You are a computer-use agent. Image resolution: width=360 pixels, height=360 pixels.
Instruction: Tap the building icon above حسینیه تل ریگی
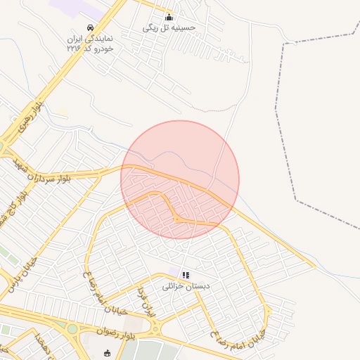tap(168, 18)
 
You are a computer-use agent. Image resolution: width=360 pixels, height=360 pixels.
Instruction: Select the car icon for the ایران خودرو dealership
tap(90, 28)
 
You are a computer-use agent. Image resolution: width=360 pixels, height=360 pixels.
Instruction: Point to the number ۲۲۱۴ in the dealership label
tap(73, 49)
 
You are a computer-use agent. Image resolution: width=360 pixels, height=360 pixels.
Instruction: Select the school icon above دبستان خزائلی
tap(185, 275)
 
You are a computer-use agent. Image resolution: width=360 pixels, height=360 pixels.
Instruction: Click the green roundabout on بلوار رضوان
tap(72, 328)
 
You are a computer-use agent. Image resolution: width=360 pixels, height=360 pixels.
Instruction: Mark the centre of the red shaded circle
tap(180, 179)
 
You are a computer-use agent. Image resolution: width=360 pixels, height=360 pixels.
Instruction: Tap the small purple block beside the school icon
tap(174, 272)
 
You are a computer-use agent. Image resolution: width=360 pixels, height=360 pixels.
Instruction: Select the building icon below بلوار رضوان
tap(107, 353)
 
